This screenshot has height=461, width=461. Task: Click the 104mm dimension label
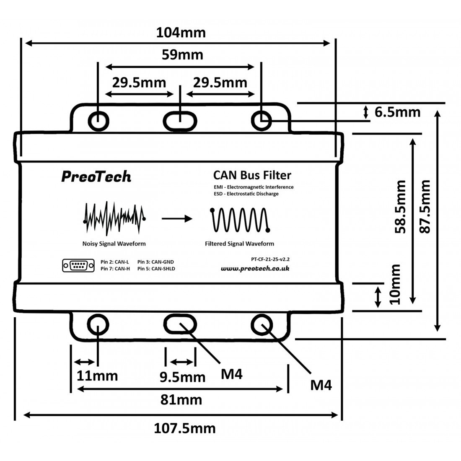click(x=181, y=33)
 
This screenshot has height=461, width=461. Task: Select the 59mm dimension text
click(x=182, y=55)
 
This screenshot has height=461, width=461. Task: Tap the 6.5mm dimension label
click(x=397, y=112)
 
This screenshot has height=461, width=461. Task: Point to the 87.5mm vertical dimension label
click(x=425, y=207)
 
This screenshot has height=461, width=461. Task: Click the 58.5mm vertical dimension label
click(x=400, y=207)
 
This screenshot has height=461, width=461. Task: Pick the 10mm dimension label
click(x=394, y=284)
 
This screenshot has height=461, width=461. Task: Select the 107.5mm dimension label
click(x=185, y=428)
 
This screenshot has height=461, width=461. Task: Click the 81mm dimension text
click(x=181, y=400)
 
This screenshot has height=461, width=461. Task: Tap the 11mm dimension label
click(x=97, y=376)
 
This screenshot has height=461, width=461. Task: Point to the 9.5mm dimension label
click(x=182, y=377)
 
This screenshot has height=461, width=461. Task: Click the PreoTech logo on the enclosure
click(x=96, y=177)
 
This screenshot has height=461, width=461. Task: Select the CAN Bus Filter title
click(x=252, y=175)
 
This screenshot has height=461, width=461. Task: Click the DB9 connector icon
click(x=78, y=265)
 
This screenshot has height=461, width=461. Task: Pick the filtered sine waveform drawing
click(x=240, y=220)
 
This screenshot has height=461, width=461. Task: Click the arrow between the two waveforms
click(x=177, y=218)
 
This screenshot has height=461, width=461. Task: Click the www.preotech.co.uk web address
click(x=255, y=269)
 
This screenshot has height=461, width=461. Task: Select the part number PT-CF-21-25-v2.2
click(x=270, y=259)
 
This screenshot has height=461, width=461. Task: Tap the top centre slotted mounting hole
click(x=180, y=121)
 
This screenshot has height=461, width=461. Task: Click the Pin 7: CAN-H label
click(x=115, y=269)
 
